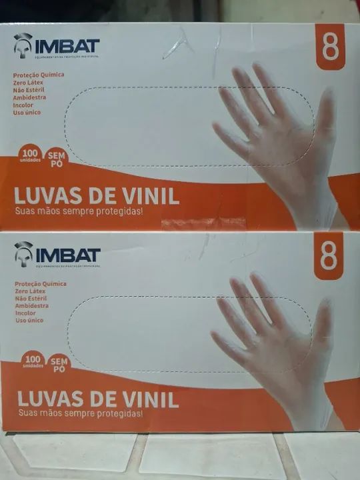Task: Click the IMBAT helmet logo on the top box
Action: (x=23, y=45)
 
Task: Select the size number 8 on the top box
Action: (x=329, y=48)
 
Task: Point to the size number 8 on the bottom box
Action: (x=329, y=257)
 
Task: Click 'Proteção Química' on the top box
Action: (x=39, y=75)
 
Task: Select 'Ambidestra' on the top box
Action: (x=30, y=97)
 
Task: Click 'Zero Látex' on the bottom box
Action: (x=31, y=291)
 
